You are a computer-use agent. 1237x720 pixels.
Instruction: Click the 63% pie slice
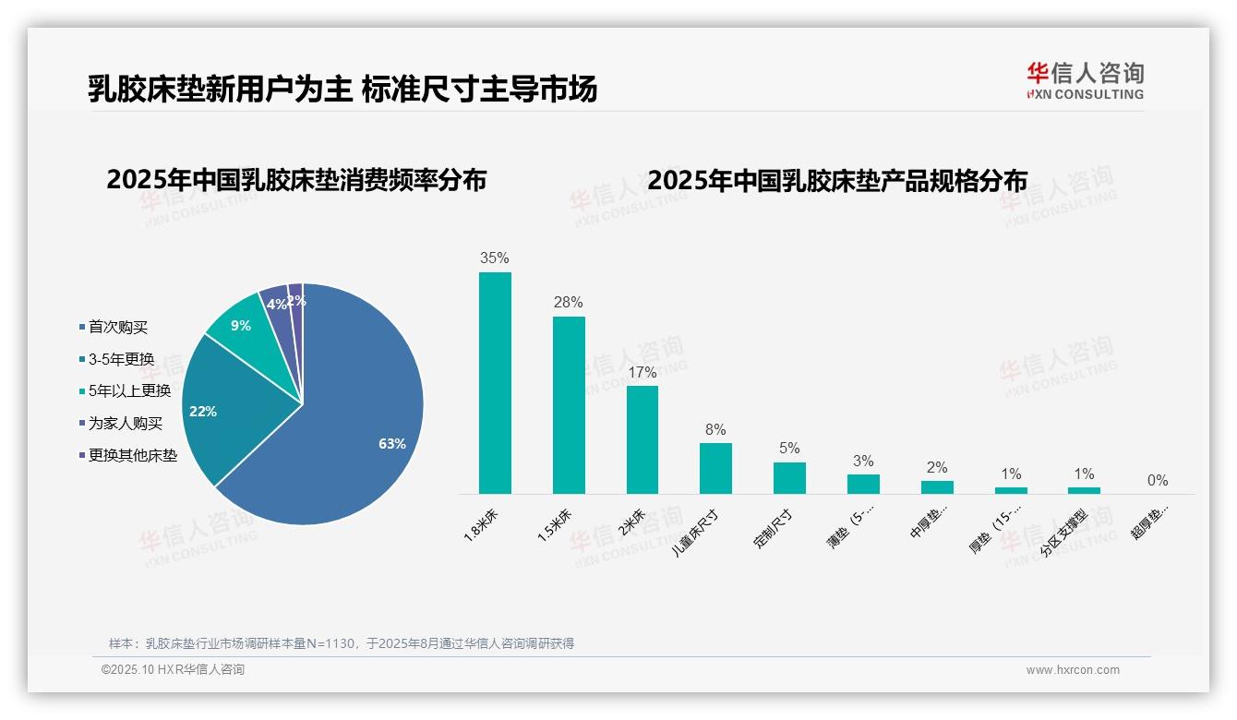click(360, 434)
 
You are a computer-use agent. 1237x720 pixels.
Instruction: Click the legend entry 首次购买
click(117, 327)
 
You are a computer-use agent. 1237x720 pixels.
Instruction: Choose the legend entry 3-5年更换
click(121, 359)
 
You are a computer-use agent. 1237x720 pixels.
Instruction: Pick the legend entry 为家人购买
click(125, 423)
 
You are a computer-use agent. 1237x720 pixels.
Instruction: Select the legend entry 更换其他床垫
click(132, 455)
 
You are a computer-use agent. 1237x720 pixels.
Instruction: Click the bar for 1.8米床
click(495, 383)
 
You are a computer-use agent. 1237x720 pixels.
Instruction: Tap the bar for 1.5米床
click(569, 405)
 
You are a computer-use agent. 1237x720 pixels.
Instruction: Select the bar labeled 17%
click(643, 439)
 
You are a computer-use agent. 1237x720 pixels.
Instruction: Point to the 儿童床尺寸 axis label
click(698, 530)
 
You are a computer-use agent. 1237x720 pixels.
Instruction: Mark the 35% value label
click(495, 258)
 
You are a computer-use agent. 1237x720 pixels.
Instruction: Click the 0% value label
click(1158, 480)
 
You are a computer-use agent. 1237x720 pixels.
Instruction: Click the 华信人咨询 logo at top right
click(1085, 81)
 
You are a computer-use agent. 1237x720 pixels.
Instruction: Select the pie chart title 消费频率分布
click(296, 179)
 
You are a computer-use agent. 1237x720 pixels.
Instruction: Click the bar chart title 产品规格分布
click(837, 180)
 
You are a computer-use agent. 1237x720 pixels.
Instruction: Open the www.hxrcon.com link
click(1073, 670)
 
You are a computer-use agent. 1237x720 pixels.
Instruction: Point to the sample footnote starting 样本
click(342, 643)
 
